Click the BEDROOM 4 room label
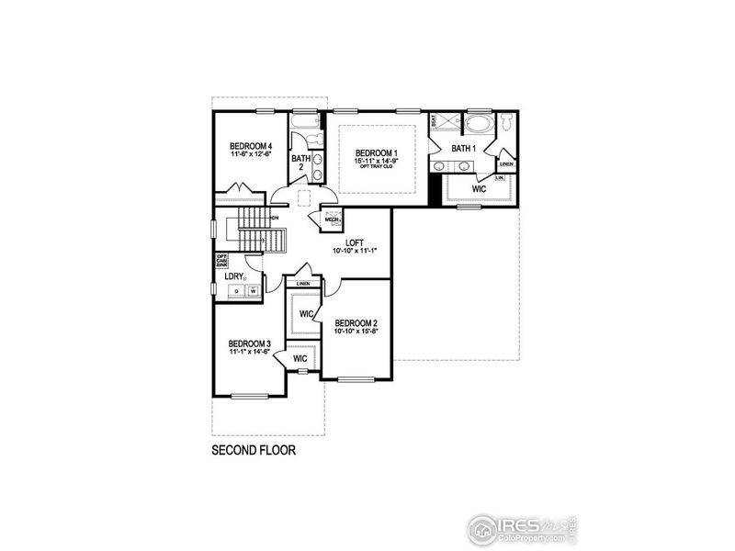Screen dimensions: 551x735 [251, 146]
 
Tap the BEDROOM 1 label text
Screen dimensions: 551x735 [377, 152]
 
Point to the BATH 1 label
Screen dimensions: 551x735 [463, 148]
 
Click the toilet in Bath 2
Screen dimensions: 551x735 [311, 139]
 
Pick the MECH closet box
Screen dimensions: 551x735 [333, 219]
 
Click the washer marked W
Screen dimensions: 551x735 [253, 291]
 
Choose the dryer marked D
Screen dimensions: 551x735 [236, 291]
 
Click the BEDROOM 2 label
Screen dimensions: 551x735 [356, 323]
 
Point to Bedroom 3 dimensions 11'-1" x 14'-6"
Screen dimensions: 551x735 [250, 351]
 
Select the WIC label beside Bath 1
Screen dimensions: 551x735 [479, 188]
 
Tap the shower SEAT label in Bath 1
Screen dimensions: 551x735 [433, 120]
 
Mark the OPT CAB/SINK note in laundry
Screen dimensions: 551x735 [221, 261]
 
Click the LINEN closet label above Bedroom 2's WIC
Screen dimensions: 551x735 [303, 284]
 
